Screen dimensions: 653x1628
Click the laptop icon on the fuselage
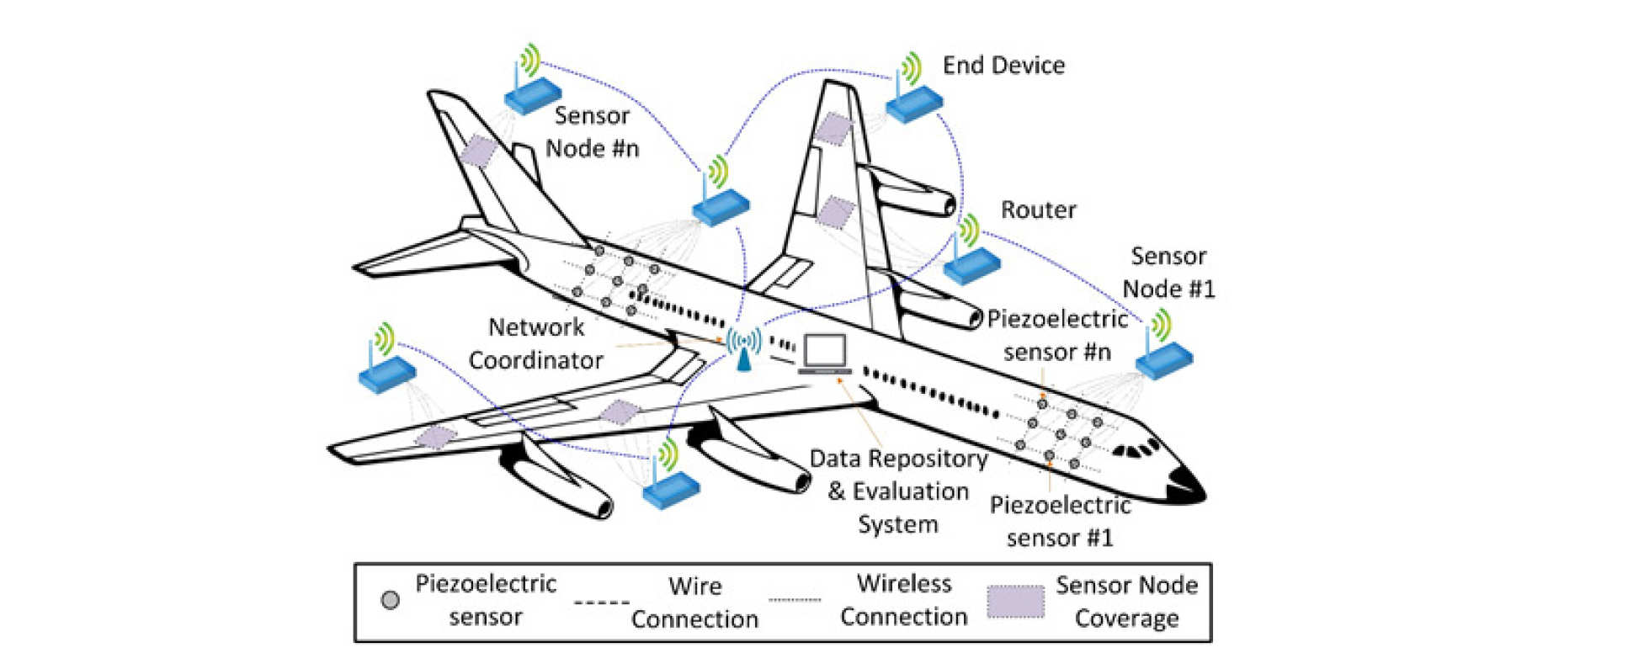[x=825, y=354]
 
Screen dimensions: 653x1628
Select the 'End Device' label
[x=1003, y=66]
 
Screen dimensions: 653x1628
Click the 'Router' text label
[x=1038, y=210]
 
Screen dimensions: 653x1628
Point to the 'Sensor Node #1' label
[x=1168, y=272]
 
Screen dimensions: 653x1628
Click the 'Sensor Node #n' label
[x=592, y=131]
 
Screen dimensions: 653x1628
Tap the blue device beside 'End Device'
[x=914, y=103]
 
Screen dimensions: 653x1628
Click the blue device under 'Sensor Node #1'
[x=1164, y=359]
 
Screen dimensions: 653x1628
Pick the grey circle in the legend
[x=390, y=600]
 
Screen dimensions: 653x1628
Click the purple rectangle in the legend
[x=1015, y=601]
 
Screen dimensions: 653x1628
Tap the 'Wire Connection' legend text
[x=694, y=602]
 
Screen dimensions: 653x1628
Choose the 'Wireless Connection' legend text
[x=904, y=600]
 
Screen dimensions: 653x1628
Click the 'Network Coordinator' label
[x=536, y=343]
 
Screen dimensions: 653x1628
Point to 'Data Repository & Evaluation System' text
[x=898, y=491]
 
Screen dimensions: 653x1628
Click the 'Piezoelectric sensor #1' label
[x=1060, y=521]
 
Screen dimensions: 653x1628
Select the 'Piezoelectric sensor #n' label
[x=1057, y=335]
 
